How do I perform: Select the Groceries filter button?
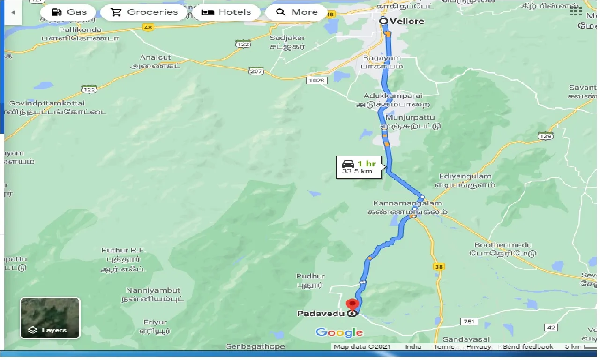pyautogui.click(x=145, y=12)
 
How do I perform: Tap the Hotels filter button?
pyautogui.click(x=226, y=12)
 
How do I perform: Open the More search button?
pyautogui.click(x=297, y=12)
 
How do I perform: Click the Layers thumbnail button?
pyautogui.click(x=50, y=318)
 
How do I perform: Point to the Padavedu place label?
pyautogui.click(x=321, y=314)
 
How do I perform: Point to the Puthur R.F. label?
pyautogui.click(x=124, y=250)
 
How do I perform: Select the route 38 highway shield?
pyautogui.click(x=438, y=266)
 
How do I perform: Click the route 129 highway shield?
pyautogui.click(x=545, y=136)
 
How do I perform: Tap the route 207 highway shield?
pyautogui.click(x=257, y=71)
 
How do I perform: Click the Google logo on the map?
pyautogui.click(x=339, y=333)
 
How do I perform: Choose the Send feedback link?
pyautogui.click(x=527, y=347)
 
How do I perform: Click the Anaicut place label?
pyautogui.click(x=156, y=57)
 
